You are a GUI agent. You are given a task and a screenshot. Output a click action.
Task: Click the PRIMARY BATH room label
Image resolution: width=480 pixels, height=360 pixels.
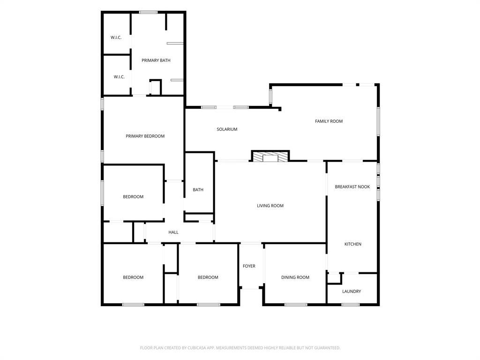pyautogui.click(x=156, y=60)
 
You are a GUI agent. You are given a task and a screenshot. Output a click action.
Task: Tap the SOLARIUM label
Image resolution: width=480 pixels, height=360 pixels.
pyautogui.click(x=227, y=129)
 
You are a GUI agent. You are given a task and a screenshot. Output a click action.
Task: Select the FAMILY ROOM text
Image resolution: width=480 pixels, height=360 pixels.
pyautogui.click(x=329, y=121)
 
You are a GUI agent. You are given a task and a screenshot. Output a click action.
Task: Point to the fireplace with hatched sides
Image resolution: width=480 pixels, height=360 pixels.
pyautogui.click(x=270, y=156)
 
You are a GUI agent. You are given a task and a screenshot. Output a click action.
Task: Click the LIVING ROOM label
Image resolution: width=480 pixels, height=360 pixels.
pyautogui.click(x=270, y=206)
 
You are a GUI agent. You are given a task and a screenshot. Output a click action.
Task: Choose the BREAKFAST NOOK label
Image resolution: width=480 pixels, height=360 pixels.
pyautogui.click(x=352, y=187)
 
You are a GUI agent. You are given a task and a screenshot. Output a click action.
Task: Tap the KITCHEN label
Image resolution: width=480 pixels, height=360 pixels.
pyautogui.click(x=352, y=244)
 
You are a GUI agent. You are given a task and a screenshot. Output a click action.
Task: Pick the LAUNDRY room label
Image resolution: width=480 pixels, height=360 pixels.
pyautogui.click(x=352, y=292)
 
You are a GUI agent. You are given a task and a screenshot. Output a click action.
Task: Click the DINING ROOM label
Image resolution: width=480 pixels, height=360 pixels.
pyautogui.click(x=295, y=277)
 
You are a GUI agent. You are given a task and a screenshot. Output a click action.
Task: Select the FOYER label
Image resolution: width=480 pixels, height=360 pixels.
pyautogui.click(x=249, y=266)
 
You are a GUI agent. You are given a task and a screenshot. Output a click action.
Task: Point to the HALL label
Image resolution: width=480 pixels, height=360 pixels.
pyautogui.click(x=173, y=232)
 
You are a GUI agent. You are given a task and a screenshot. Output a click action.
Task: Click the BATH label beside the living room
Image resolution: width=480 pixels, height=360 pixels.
pyautogui.click(x=198, y=190)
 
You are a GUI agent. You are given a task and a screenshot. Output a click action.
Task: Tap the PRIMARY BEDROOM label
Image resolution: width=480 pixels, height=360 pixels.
pyautogui.click(x=145, y=136)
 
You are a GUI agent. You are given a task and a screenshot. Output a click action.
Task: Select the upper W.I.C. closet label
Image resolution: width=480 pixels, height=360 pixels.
pyautogui.click(x=116, y=37)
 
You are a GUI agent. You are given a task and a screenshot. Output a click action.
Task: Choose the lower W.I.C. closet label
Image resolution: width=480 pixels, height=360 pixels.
pyautogui.click(x=119, y=77)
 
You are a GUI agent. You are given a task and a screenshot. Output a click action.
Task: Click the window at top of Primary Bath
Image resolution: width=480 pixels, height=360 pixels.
pyautogui.click(x=148, y=12)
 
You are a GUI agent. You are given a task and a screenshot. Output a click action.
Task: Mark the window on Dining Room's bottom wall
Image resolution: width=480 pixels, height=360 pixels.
pyautogui.click(x=296, y=305)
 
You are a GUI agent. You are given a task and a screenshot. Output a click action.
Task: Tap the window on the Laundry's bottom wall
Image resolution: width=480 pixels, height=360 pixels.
pyautogui.click(x=351, y=305)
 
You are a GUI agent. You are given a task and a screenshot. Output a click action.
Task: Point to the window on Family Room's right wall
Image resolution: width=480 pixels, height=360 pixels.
pyautogui.click(x=378, y=121)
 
